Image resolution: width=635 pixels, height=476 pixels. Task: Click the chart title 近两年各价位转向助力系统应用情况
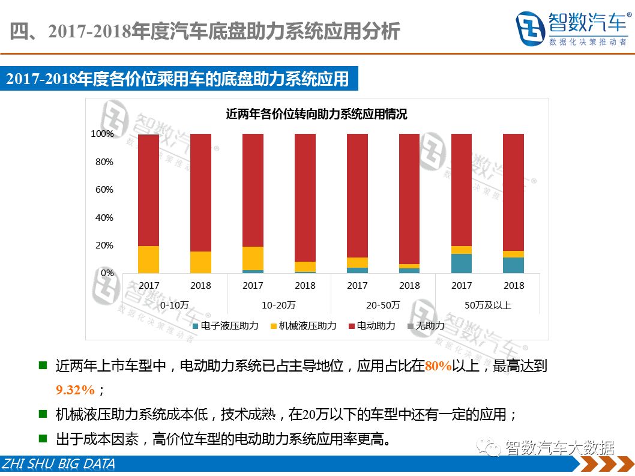click(316, 114)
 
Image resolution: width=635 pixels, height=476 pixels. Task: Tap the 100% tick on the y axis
click(102, 134)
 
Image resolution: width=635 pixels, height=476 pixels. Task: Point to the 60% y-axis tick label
click(104, 190)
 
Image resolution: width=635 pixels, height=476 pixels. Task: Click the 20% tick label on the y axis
click(104, 246)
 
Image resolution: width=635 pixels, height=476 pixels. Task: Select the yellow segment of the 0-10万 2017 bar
click(148, 259)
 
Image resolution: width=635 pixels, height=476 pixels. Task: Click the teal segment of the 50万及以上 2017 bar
click(462, 264)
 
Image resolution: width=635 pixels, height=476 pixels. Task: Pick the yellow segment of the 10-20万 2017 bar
click(253, 258)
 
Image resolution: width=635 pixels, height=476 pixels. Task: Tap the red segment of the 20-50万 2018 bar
click(409, 198)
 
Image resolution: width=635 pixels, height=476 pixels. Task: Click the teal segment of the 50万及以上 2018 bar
click(513, 265)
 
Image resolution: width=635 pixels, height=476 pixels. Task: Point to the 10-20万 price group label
click(278, 305)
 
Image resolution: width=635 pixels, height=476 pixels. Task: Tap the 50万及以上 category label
click(487, 305)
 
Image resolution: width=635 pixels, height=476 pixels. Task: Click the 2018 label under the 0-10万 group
click(200, 286)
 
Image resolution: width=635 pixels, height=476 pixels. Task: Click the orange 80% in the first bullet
click(438, 366)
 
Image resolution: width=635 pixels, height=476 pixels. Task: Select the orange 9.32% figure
click(76, 390)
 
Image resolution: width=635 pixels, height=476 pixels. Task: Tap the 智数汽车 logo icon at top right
click(529, 28)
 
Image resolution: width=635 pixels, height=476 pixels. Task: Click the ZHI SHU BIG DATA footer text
click(58, 464)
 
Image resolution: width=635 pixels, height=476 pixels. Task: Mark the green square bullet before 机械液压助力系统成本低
click(43, 414)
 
